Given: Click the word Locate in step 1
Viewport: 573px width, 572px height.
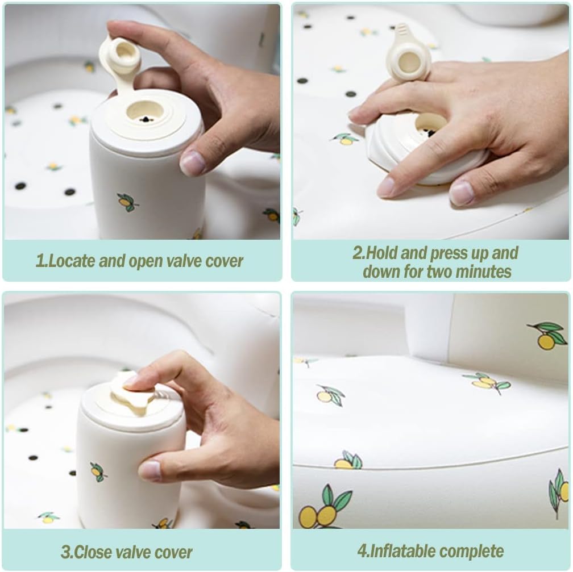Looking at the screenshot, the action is pyautogui.click(x=71, y=261).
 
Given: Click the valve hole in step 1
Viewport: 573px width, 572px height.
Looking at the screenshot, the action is pyautogui.click(x=146, y=113).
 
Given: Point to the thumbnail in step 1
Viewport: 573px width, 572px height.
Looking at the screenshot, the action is pyautogui.click(x=193, y=163).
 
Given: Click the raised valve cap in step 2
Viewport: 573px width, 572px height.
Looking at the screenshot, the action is pyautogui.click(x=408, y=55).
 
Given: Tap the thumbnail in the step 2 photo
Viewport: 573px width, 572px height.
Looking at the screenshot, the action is pyautogui.click(x=462, y=192).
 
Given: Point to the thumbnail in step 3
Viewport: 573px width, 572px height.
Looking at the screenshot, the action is pyautogui.click(x=150, y=471).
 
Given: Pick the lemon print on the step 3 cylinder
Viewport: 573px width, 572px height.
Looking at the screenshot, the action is pyautogui.click(x=98, y=472).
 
